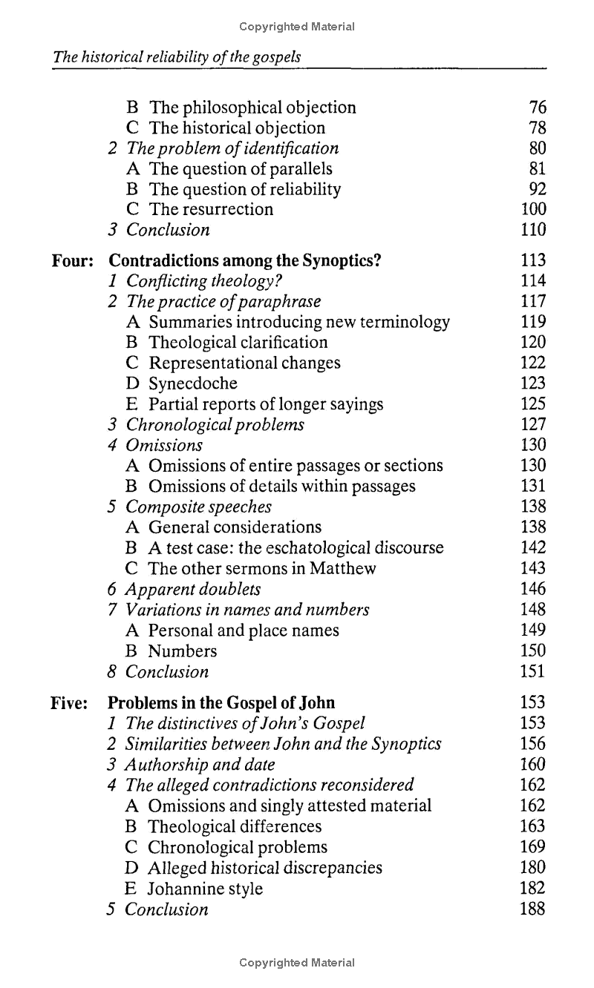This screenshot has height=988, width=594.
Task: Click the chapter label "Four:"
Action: point(72,260)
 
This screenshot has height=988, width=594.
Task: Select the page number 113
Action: point(533,260)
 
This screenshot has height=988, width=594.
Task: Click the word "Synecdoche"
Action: point(193,383)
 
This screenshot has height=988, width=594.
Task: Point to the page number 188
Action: point(533,909)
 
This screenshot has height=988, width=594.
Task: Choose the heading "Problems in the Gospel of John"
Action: point(221,702)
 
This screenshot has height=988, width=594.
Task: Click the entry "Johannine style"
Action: point(206,889)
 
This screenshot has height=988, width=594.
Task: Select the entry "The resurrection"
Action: point(211,209)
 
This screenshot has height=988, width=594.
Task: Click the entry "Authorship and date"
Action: point(200,765)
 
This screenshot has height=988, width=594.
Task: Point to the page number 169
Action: point(533,847)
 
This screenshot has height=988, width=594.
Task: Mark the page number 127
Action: point(533,425)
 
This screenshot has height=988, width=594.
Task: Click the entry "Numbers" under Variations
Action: point(183,651)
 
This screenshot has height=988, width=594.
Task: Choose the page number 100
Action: point(533,209)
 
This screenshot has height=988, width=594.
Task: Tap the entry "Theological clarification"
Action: point(238,343)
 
